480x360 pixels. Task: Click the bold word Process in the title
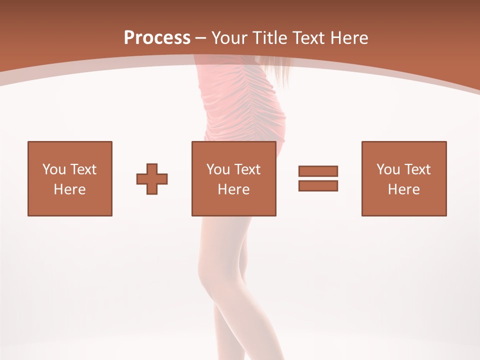(157, 38)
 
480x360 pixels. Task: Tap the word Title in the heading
(270, 38)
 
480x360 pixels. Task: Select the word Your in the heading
(230, 38)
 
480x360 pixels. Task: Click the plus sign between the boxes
(152, 178)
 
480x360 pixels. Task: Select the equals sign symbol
(318, 178)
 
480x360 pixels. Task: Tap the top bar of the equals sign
(318, 171)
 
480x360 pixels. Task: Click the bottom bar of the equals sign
(318, 185)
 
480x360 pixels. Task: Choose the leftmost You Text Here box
(70, 178)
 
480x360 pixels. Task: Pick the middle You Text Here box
(233, 178)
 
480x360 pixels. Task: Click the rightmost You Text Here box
(404, 178)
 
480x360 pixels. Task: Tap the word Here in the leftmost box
(70, 189)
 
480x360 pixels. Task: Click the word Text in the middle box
(246, 169)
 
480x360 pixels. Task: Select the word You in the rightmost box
(388, 169)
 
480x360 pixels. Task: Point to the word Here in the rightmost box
(404, 189)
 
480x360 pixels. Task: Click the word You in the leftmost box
(54, 169)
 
